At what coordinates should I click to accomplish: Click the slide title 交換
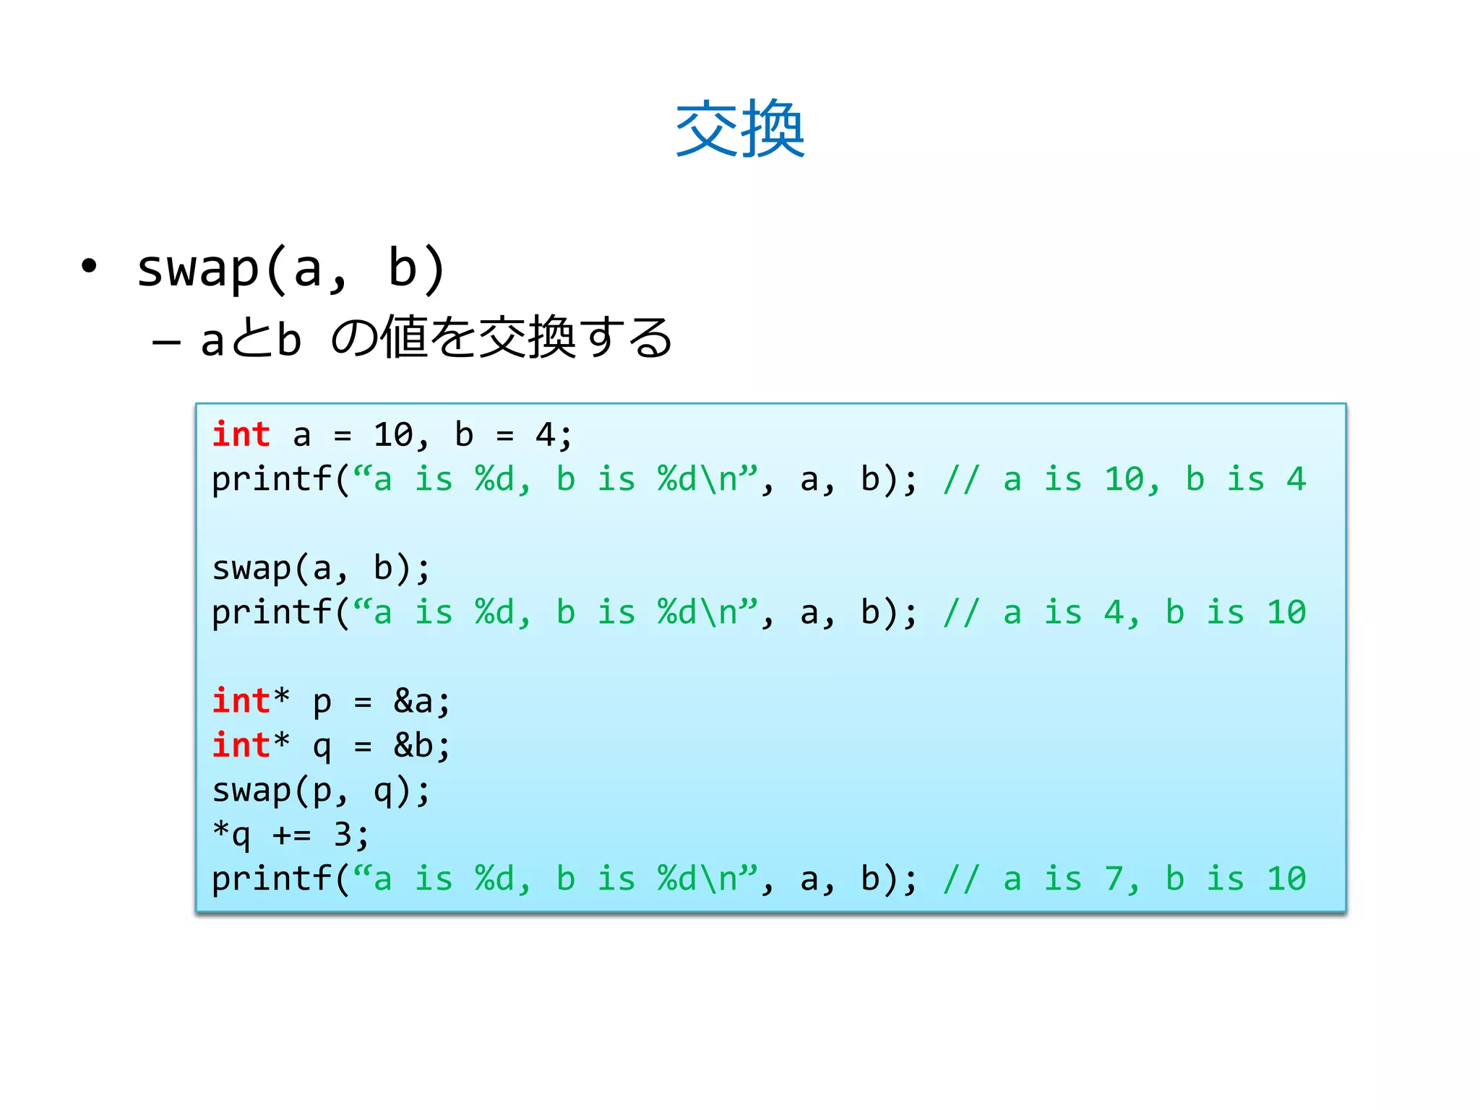[739, 129]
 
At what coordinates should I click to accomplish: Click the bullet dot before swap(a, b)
[89, 267]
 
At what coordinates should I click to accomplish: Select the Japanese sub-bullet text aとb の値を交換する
[436, 338]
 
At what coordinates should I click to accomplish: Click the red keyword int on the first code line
[241, 435]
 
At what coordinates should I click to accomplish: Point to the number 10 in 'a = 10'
[393, 435]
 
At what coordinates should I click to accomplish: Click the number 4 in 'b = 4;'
[545, 435]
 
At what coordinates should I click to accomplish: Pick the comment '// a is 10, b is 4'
[1124, 480]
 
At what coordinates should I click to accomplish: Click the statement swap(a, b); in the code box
[321, 569]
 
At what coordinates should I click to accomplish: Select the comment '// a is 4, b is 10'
[1124, 613]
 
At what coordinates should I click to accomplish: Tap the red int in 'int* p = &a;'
[241, 701]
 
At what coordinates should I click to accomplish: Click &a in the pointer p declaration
[413, 701]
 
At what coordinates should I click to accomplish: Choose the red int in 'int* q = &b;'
[241, 746]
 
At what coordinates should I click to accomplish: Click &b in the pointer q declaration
[413, 746]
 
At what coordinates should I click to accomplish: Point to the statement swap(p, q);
[321, 791]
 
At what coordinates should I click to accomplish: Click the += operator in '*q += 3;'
[292, 835]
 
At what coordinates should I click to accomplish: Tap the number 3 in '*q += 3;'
[343, 835]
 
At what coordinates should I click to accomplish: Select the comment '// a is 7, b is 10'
[1124, 879]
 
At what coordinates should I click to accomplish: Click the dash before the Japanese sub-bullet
[166, 341]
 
